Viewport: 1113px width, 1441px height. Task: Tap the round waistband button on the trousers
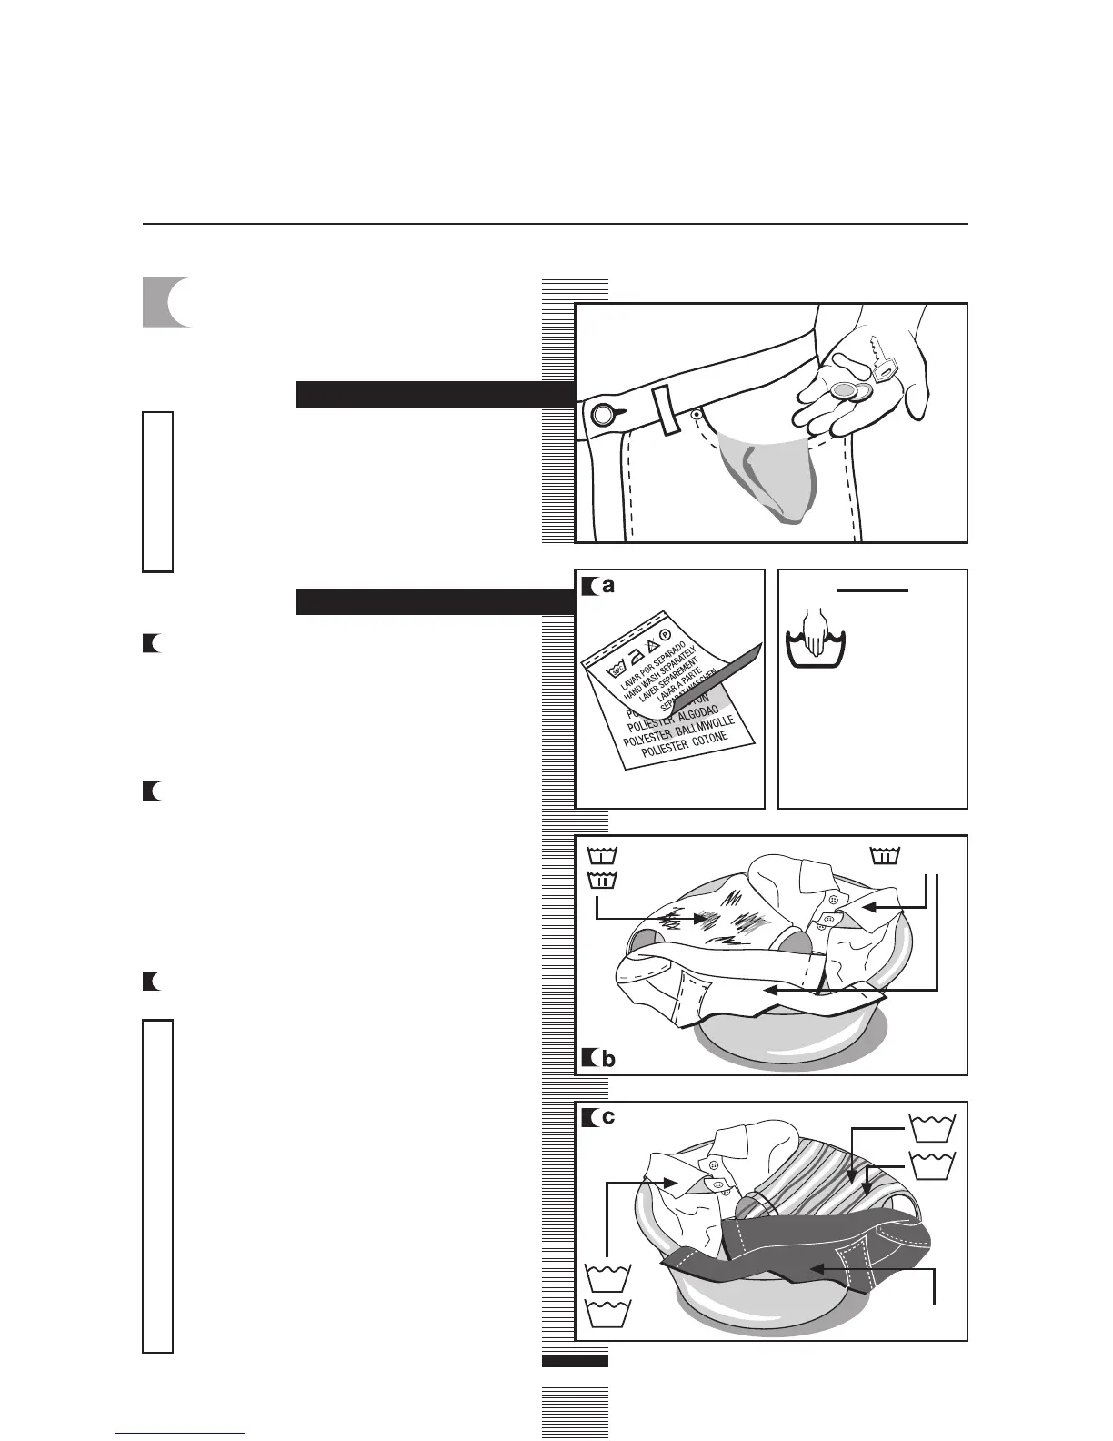pyautogui.click(x=602, y=416)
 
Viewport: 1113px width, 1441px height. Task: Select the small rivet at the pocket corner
pyautogui.click(x=696, y=413)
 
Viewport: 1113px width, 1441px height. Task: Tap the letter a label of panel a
pyautogui.click(x=608, y=587)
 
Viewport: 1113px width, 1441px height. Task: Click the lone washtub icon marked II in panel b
pyautogui.click(x=885, y=855)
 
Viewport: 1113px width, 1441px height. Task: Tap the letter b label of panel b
pyautogui.click(x=608, y=1059)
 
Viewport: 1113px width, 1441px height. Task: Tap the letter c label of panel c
pyautogui.click(x=608, y=1117)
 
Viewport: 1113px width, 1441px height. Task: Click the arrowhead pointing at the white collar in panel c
pyautogui.click(x=675, y=1184)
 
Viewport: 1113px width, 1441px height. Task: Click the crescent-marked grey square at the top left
pyautogui.click(x=166, y=302)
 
